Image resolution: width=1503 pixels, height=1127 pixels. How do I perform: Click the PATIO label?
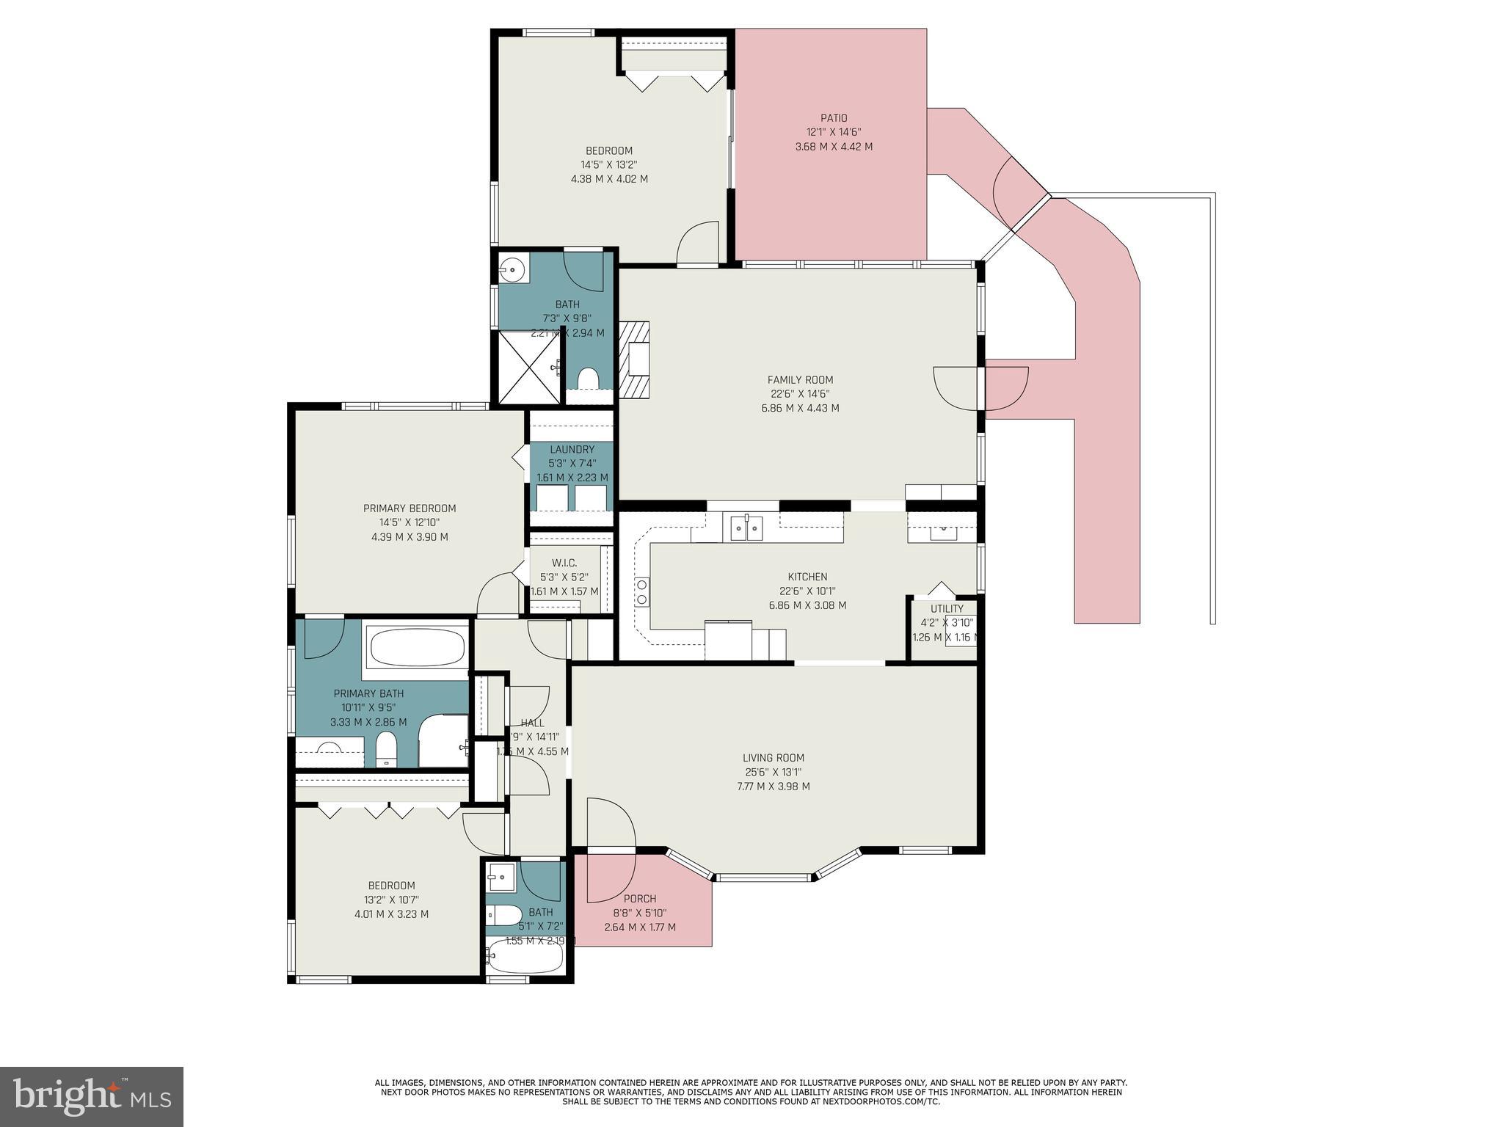pos(834,118)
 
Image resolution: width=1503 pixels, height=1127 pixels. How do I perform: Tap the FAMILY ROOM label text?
pos(800,380)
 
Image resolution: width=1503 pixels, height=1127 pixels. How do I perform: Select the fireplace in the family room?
pos(636,360)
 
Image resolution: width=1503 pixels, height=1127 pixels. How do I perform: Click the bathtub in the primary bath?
pos(417,648)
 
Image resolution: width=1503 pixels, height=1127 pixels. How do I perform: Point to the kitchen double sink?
pos(746,528)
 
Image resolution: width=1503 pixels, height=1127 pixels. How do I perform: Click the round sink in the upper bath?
pos(514,270)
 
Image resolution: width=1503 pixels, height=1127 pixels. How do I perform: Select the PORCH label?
pos(640,899)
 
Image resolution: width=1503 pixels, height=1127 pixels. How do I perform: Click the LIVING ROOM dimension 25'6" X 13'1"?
pos(774,772)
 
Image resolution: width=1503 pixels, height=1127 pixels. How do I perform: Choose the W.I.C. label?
pos(564,563)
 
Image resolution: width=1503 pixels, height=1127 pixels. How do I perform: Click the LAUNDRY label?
pos(572,450)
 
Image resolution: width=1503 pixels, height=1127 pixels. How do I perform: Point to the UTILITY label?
pos(947,609)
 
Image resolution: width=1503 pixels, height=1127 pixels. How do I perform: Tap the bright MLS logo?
pos(92,1097)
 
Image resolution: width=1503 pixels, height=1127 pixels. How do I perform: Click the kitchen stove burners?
pos(641,591)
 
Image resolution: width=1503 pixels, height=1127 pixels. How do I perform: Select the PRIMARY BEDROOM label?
pos(410,508)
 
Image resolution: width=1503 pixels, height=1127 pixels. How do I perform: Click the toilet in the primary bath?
pos(386,750)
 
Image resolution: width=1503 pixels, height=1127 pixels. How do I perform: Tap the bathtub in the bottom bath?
pos(524,955)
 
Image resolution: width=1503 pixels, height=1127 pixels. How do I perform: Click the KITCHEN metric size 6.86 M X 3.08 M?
pos(807,605)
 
